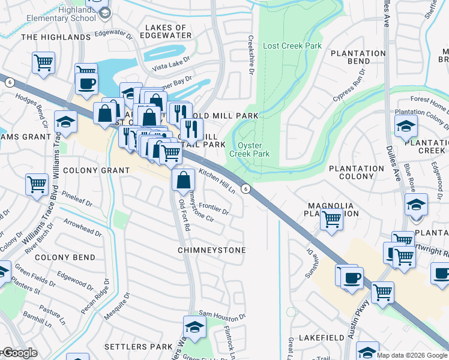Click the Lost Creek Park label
(292, 46)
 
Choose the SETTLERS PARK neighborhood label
(138, 347)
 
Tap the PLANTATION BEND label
(358, 57)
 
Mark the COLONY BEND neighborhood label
(65, 257)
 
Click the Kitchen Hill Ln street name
(217, 179)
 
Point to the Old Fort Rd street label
(184, 217)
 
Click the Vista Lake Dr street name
(170, 67)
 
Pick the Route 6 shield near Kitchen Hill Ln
(246, 189)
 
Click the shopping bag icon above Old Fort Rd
(183, 179)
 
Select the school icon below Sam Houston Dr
(194, 327)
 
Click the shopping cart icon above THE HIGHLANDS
(43, 62)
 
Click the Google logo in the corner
(19, 353)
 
